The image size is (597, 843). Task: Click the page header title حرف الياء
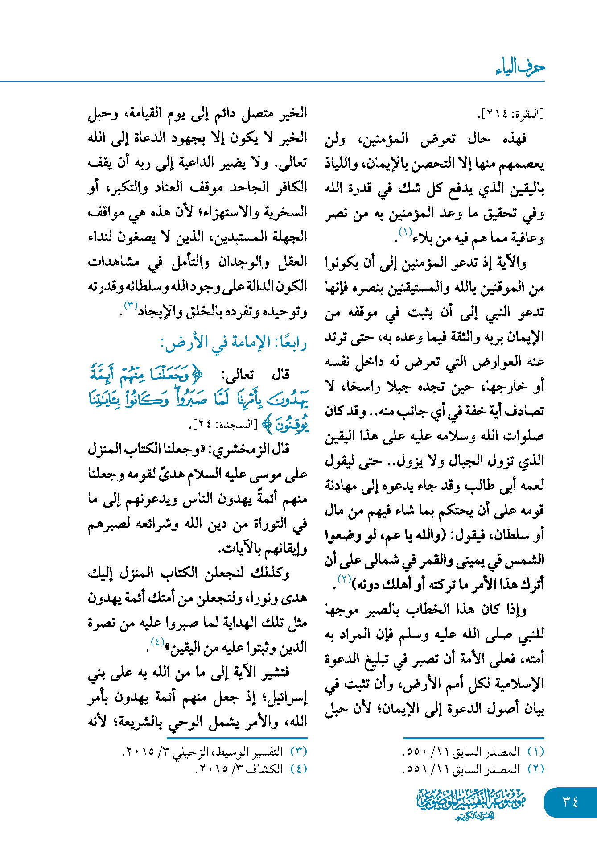point(520,67)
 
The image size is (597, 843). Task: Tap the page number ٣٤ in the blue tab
point(570,802)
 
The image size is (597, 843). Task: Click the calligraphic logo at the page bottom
point(471,803)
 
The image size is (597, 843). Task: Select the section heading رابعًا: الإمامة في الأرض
point(234,343)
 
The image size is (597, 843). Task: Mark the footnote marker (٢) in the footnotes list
point(536,769)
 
